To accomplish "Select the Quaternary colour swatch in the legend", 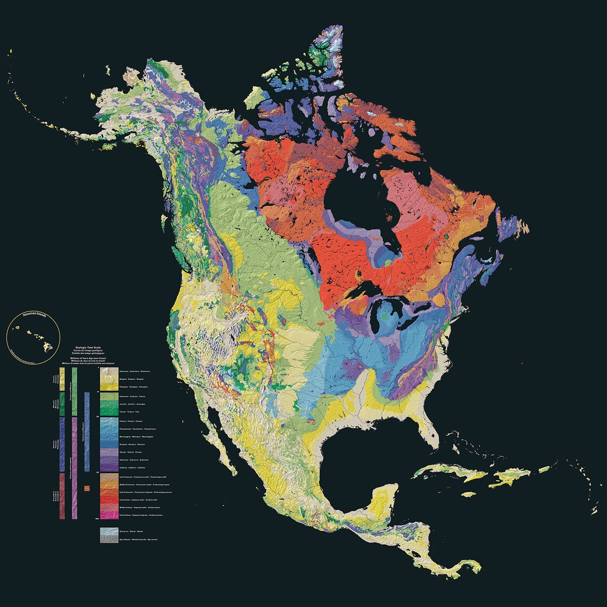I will [109, 371].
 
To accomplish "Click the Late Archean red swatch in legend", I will [109, 501].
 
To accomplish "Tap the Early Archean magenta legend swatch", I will [109, 515].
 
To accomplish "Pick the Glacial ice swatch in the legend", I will [109, 531].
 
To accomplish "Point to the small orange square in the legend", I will [87, 488].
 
